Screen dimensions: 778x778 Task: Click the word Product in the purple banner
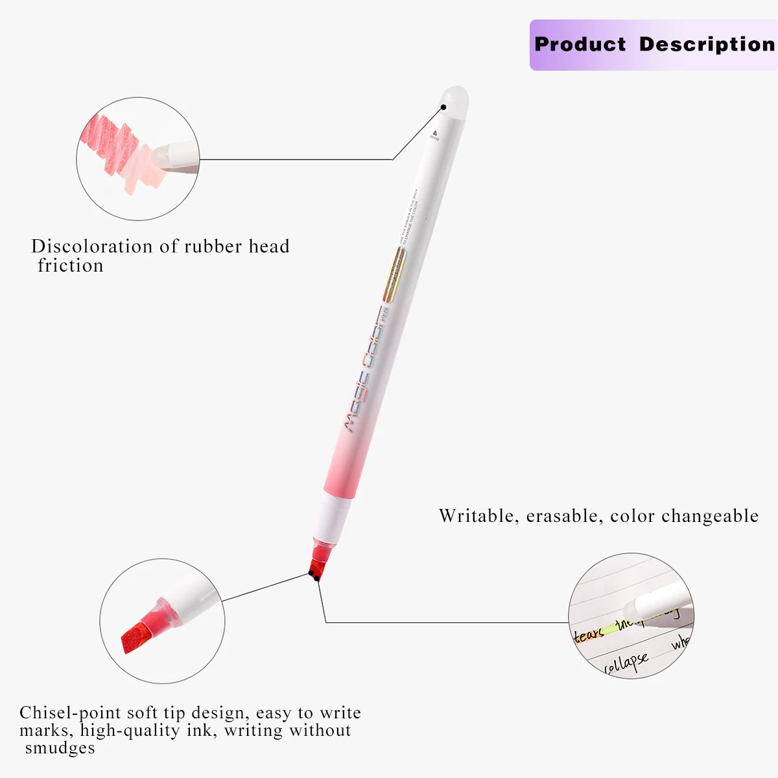point(580,44)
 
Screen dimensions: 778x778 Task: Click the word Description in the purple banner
point(707,44)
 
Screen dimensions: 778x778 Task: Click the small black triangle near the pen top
point(434,132)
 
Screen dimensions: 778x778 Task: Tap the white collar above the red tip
point(335,515)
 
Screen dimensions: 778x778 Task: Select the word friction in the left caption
point(71,266)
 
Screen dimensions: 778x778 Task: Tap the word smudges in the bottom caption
point(60,748)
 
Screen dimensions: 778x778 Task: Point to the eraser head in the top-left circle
point(172,156)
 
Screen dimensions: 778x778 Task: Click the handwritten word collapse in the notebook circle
point(626,663)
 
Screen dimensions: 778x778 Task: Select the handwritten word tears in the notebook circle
point(589,633)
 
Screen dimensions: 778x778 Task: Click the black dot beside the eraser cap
point(444,108)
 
